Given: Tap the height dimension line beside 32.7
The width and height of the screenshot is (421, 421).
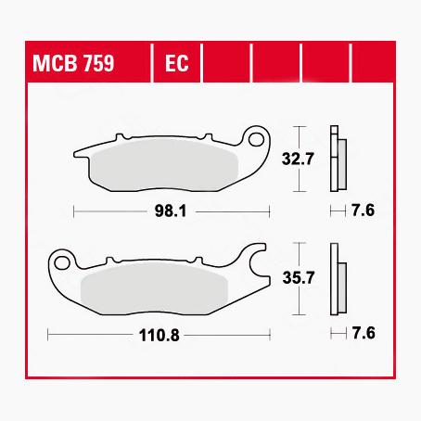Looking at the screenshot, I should click(x=297, y=159).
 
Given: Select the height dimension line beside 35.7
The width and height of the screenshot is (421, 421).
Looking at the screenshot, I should click(x=297, y=275).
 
